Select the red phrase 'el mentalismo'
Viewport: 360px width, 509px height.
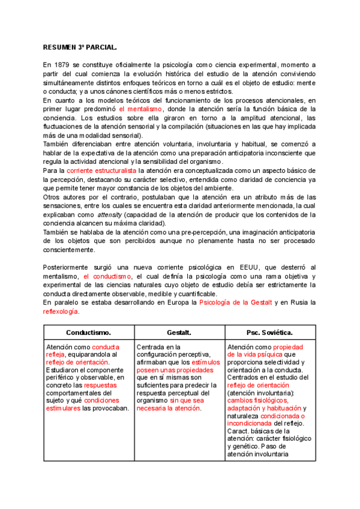point(140,109)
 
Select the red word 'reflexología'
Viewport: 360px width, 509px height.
point(61,312)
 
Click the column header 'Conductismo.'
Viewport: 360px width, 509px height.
point(88,332)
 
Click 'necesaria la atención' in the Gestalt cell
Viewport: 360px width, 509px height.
point(169,408)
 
